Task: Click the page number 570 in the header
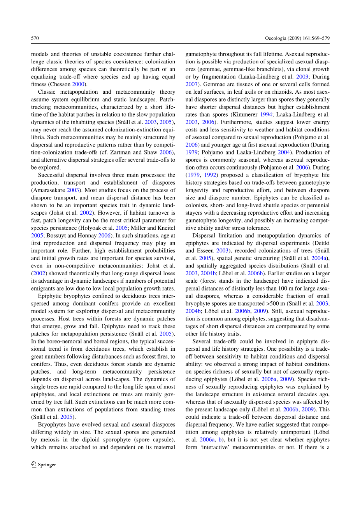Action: [35, 38]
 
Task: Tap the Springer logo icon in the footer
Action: [34, 464]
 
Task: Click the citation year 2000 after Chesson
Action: [78, 84]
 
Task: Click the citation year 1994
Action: [266, 115]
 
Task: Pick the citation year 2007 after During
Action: [191, 84]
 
